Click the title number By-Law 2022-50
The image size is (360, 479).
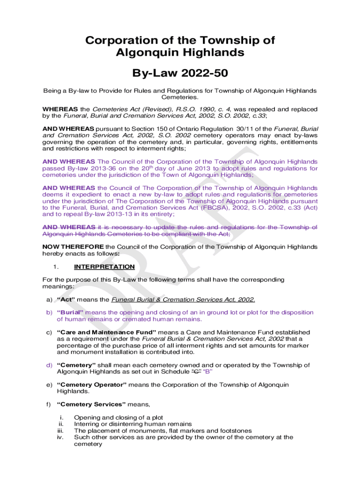click(x=180, y=73)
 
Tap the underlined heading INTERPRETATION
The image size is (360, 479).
click(x=104, y=267)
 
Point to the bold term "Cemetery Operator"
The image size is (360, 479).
click(x=91, y=385)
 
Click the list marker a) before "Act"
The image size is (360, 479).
click(x=49, y=299)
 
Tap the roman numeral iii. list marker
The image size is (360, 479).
click(x=60, y=430)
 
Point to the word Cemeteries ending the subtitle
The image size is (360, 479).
click(x=180, y=97)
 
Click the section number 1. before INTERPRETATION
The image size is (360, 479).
click(x=55, y=267)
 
